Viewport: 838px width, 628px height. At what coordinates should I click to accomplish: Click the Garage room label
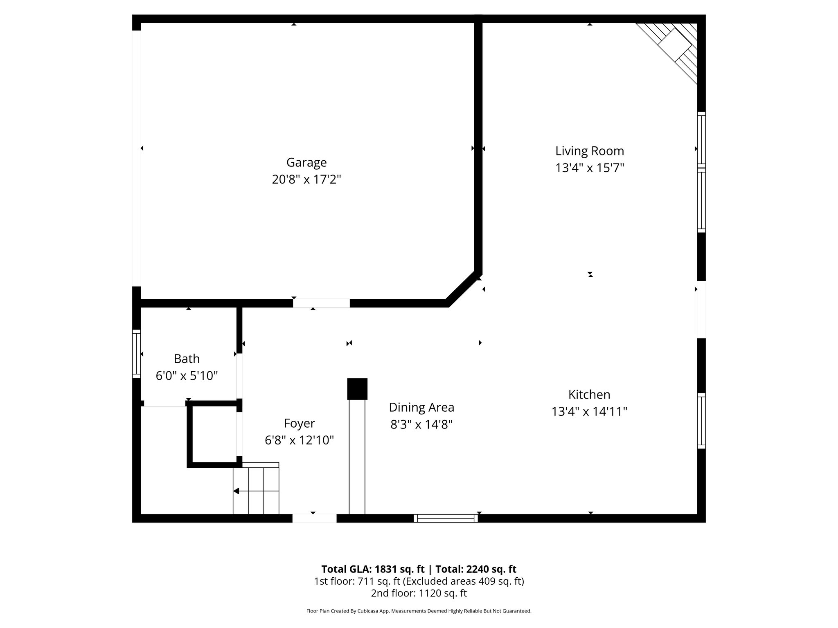[x=306, y=162]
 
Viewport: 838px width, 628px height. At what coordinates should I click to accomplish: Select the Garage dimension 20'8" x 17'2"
[x=306, y=179]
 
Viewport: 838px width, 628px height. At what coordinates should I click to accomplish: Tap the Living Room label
[x=589, y=151]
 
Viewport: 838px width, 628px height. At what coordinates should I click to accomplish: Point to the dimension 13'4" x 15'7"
[x=589, y=168]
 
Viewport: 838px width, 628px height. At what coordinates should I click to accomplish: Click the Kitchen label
[x=589, y=394]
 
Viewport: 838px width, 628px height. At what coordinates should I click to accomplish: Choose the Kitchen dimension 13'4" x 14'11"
[x=589, y=411]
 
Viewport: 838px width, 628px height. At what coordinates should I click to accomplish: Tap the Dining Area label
[x=421, y=407]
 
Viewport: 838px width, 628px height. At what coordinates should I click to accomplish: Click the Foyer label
[x=299, y=423]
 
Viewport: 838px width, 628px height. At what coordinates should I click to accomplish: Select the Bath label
[x=187, y=359]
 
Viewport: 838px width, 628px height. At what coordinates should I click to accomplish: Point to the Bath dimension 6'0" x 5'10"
[x=187, y=376]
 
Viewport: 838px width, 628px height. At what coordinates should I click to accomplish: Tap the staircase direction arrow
[x=237, y=491]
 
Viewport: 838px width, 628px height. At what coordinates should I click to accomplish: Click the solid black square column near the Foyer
[x=357, y=389]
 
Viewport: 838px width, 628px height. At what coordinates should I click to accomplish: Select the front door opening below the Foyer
[x=314, y=518]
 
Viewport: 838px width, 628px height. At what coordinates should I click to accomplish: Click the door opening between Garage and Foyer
[x=321, y=303]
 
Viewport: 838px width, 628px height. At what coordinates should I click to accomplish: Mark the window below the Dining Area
[x=446, y=518]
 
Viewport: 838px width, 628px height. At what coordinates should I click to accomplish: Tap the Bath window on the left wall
[x=136, y=354]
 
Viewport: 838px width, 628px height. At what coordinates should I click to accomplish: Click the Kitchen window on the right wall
[x=701, y=421]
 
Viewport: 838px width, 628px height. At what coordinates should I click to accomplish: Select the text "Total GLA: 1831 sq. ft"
[x=374, y=569]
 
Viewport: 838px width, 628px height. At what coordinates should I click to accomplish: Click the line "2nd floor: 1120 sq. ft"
[x=419, y=593]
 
